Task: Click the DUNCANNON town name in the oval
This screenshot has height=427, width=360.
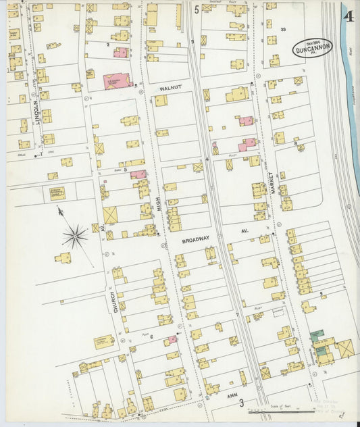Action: coord(312,49)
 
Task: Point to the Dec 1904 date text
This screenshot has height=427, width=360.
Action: coord(312,42)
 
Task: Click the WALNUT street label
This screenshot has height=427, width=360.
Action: coord(172,88)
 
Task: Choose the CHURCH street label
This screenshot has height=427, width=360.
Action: coord(115,301)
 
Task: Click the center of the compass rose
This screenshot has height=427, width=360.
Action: coord(74,236)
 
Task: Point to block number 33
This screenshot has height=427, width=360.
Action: coord(284,29)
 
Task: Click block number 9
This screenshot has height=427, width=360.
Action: coord(322,293)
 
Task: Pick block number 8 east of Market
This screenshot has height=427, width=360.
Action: coord(296,143)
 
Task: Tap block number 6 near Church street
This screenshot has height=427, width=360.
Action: coord(151,336)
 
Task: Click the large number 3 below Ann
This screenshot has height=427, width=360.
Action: coord(241,403)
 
